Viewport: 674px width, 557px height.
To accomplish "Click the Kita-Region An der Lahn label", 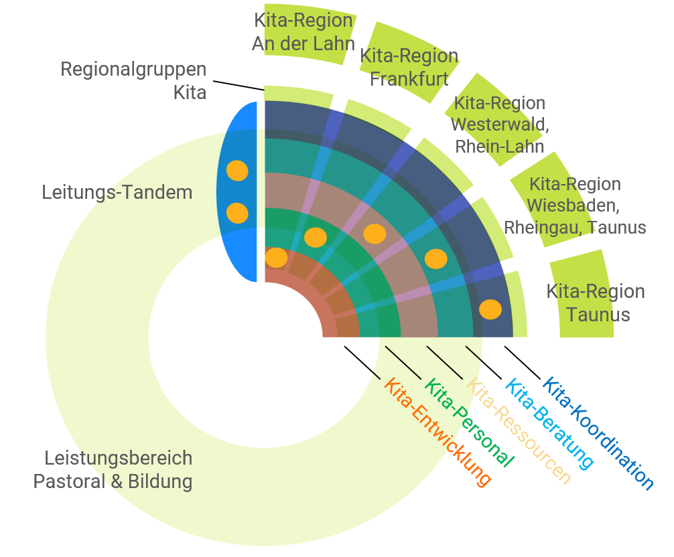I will tap(304, 32).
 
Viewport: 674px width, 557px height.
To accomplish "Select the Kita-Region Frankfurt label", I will tap(409, 67).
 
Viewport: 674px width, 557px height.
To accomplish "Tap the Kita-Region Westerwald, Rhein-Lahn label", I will tap(499, 125).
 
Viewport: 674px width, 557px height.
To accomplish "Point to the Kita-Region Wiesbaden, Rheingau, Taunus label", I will tap(574, 206).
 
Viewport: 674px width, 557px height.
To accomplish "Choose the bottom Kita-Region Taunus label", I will tap(596, 303).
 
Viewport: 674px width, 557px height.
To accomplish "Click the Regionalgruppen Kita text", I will tap(134, 80).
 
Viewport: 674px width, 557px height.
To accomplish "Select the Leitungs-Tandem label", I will tap(117, 193).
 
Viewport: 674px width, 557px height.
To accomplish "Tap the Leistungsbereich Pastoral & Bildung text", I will tap(113, 470).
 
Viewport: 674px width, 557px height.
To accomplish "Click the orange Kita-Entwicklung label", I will tap(437, 432).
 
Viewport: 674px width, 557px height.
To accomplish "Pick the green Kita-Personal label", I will tap(470, 423).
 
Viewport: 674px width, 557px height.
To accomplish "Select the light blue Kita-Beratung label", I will tap(549, 424).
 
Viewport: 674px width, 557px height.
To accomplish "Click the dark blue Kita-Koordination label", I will tap(598, 434).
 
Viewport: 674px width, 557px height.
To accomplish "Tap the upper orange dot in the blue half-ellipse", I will tap(237, 171).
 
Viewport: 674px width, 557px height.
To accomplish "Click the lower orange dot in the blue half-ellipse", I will tap(237, 213).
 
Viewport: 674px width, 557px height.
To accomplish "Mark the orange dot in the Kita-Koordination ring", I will tap(490, 309).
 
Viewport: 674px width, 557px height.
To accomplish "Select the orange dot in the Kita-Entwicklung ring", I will tap(276, 257).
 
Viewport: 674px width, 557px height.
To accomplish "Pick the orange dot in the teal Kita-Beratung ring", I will tap(435, 258).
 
